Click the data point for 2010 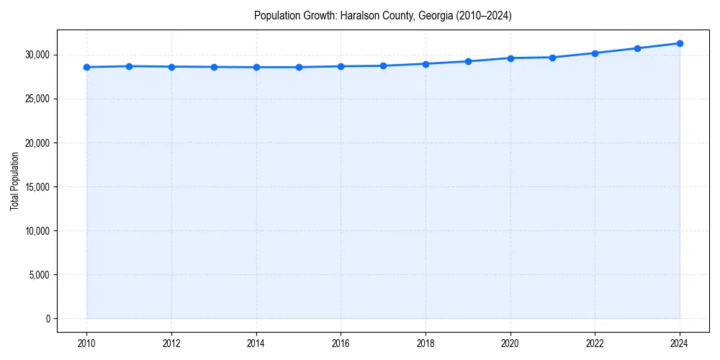[x=86, y=67]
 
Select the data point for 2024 [x=680, y=43]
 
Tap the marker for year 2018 [x=426, y=64]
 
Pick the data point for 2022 [x=595, y=53]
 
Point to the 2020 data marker [x=510, y=58]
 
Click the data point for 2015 [x=299, y=67]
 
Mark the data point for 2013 [x=214, y=67]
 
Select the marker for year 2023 [x=637, y=48]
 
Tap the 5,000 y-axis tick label [x=40, y=275]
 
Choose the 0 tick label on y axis [x=48, y=319]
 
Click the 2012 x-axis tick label [x=171, y=343]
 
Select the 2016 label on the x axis [x=341, y=343]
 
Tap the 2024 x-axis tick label [x=680, y=343]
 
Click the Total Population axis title [x=14, y=181]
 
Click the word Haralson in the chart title [x=358, y=16]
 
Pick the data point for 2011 [x=129, y=66]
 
